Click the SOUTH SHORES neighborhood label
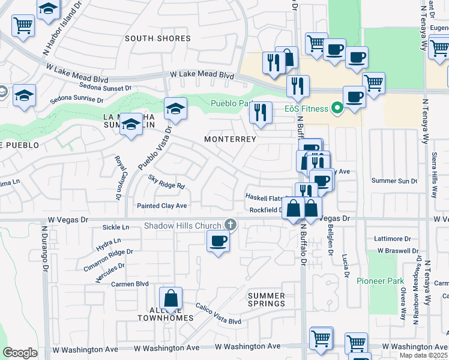158,38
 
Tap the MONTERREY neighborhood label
230,139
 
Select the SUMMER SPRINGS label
266,299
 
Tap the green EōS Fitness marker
337,109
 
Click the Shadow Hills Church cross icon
229,226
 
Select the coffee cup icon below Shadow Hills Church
217,241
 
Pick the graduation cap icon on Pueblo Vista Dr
175,109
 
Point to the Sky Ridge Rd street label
166,182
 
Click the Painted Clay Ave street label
162,206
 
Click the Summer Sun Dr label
394,181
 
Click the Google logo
20,353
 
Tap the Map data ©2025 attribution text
423,355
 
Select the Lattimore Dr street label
392,238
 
